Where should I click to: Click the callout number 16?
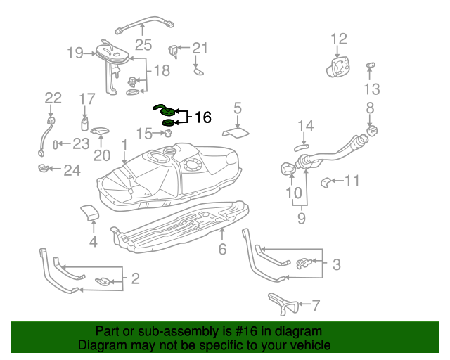pos(202,117)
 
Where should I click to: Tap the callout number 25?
pos(143,45)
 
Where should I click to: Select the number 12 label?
pos(339,39)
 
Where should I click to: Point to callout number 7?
pos(316,305)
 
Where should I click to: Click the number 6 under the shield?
pos(222,249)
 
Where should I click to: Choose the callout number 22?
pos(53,98)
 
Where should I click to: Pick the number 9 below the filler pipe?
pos(302,219)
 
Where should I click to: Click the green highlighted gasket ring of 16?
pos(168,124)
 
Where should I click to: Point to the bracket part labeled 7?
pos(283,303)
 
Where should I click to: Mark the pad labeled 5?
pos(237,131)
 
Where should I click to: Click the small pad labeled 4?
pos(89,212)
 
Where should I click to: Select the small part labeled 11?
pos(326,183)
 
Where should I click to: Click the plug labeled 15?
pos(169,134)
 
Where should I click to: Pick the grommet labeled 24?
pos(44,168)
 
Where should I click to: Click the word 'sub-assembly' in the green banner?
pos(159,331)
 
